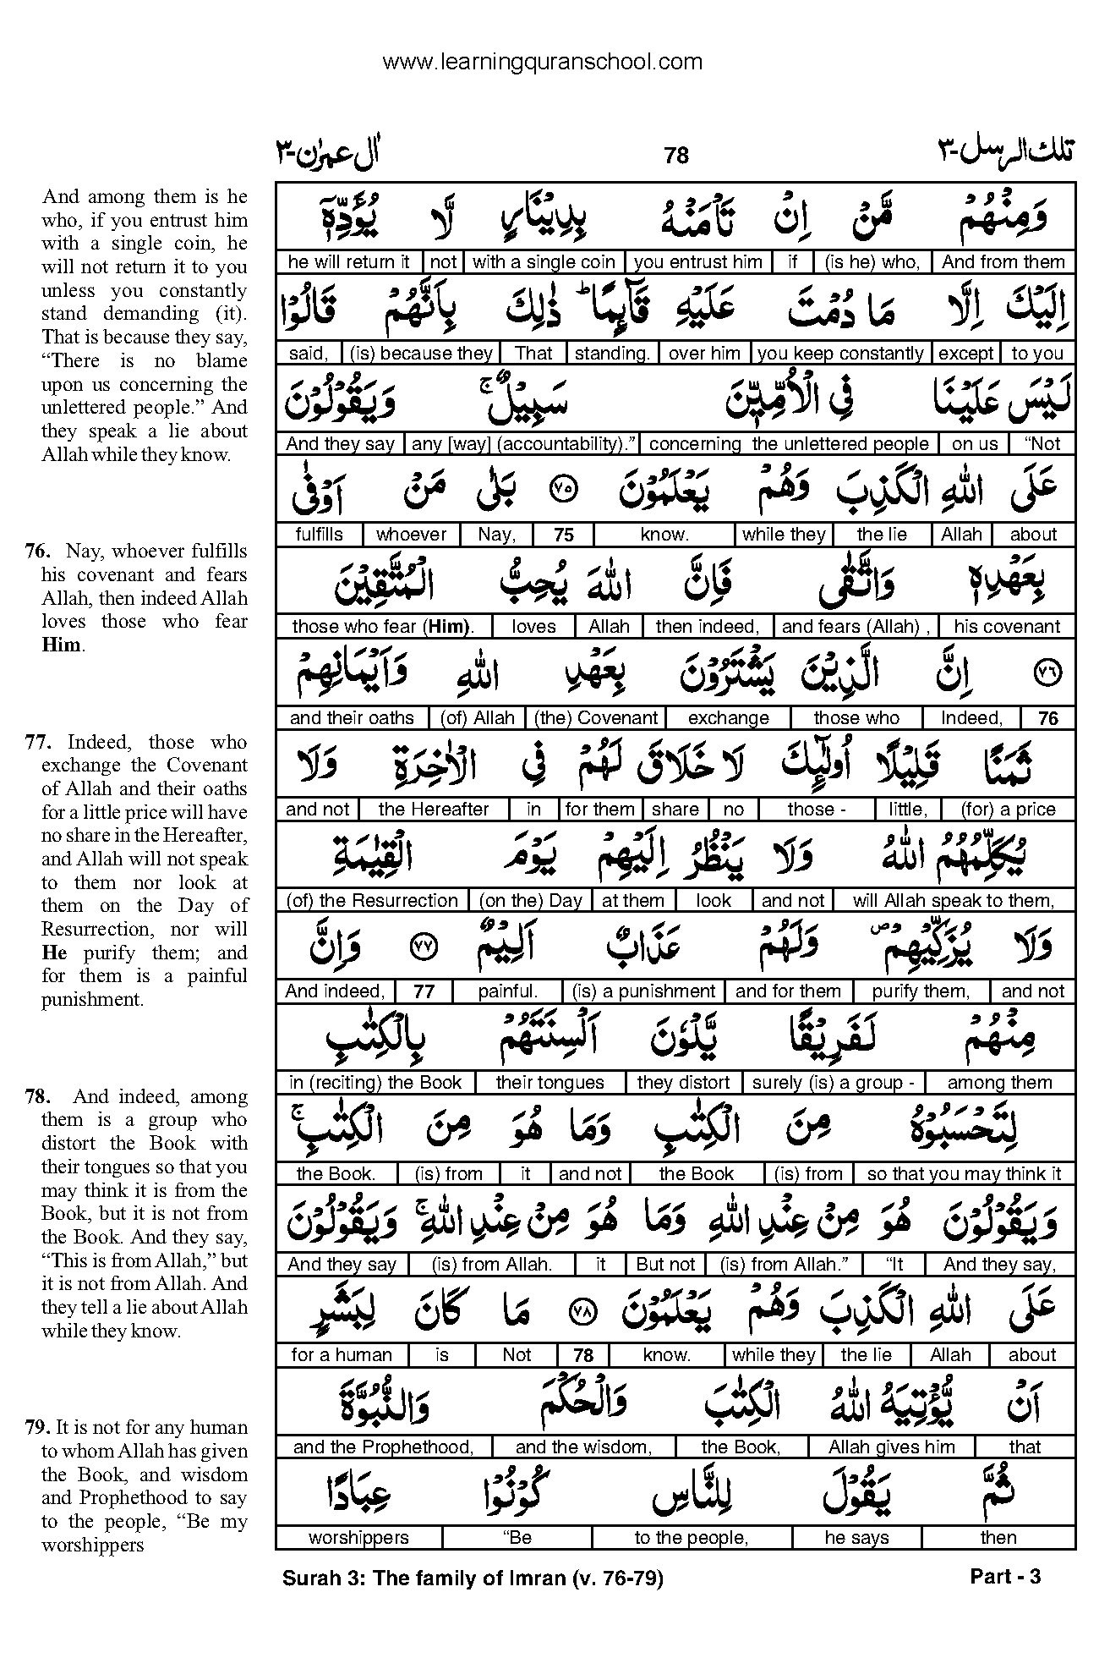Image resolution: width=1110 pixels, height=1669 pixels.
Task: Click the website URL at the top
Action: point(542,62)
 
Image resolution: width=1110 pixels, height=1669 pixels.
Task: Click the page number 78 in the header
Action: point(676,155)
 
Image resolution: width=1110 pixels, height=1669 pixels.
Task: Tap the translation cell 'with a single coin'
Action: point(544,262)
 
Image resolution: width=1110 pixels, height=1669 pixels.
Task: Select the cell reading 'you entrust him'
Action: point(697,262)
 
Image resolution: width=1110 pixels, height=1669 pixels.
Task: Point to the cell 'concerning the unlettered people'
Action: point(789,444)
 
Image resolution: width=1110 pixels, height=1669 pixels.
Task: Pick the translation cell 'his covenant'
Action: point(1006,627)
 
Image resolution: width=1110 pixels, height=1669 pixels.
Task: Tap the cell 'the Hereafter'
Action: point(434,810)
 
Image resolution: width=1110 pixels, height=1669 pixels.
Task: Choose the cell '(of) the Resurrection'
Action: point(372,901)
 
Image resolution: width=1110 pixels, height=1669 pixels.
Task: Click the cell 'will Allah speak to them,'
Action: point(954,901)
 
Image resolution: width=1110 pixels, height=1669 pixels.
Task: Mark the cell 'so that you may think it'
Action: point(964,1174)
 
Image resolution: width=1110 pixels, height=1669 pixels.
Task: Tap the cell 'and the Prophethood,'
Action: point(383,1447)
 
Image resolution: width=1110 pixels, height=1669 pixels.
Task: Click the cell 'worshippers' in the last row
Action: point(358,1538)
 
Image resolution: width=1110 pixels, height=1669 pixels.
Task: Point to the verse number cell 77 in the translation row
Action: point(424,992)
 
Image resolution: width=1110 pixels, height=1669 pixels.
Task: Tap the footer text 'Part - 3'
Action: point(1005,1576)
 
